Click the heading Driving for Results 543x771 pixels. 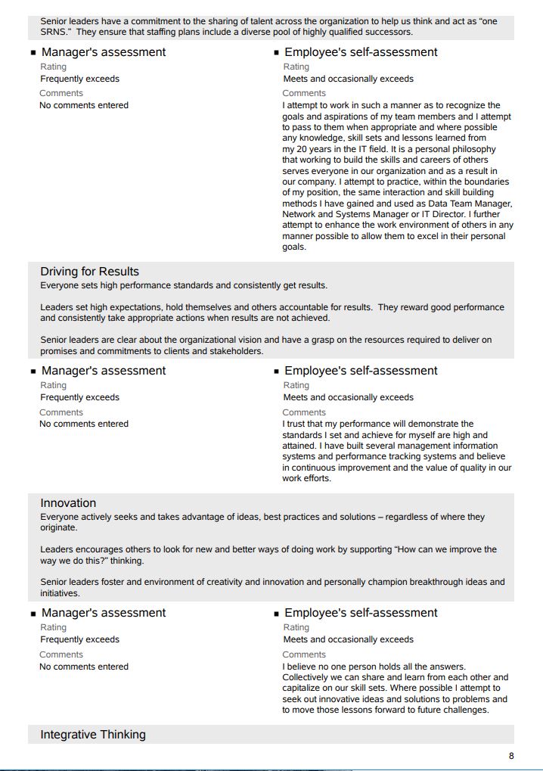coord(89,272)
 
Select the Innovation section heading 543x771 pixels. coord(68,503)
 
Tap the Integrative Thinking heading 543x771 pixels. coord(92,735)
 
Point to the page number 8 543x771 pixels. coord(511,756)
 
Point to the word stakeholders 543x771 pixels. coord(237,351)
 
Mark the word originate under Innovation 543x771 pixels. coord(58,528)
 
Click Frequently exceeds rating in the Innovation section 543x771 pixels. coord(79,639)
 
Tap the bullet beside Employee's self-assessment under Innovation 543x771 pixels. coord(277,614)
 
